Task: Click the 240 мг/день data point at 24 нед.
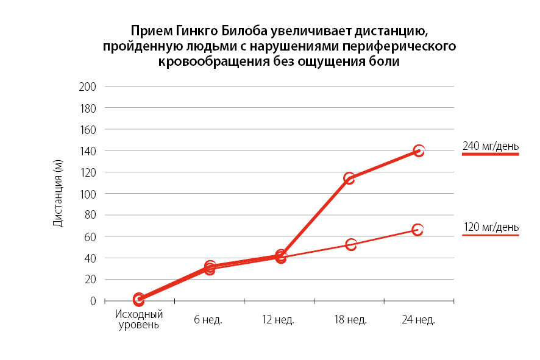[x=419, y=150]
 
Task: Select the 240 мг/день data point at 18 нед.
[x=349, y=178]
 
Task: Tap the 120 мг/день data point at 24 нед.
[x=417, y=230]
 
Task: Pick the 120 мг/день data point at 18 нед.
[x=351, y=244]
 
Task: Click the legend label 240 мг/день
[x=491, y=146]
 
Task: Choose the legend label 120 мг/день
[x=491, y=227]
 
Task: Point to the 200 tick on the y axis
[x=88, y=86]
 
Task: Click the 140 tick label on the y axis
[x=88, y=150]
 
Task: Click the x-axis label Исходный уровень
[x=139, y=320]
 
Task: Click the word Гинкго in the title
[x=197, y=31]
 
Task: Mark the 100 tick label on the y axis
[x=88, y=194]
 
